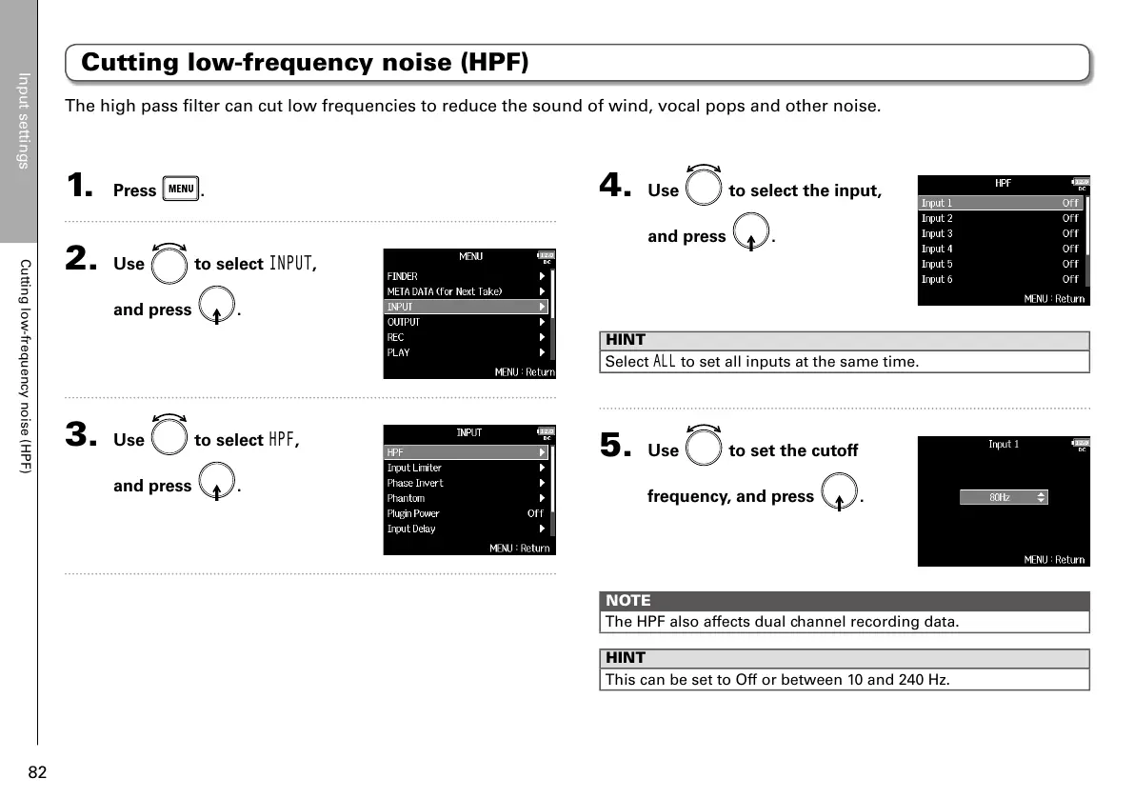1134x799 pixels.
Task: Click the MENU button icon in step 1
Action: pyautogui.click(x=181, y=189)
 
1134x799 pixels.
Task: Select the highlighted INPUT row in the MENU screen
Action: pyautogui.click(x=467, y=307)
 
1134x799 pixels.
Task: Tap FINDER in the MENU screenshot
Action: pyautogui.click(x=403, y=276)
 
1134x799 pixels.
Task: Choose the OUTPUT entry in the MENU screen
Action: pyautogui.click(x=404, y=322)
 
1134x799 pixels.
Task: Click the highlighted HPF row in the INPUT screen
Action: pyautogui.click(x=467, y=452)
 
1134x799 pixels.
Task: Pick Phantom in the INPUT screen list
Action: pyautogui.click(x=407, y=498)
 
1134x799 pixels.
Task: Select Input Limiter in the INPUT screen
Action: pyautogui.click(x=415, y=468)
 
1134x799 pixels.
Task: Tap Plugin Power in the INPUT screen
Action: pyautogui.click(x=414, y=513)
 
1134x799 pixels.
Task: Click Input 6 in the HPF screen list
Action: pyautogui.click(x=937, y=279)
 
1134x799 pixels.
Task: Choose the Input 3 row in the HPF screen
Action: pyautogui.click(x=937, y=233)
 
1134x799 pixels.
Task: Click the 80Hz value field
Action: pyautogui.click(x=1003, y=497)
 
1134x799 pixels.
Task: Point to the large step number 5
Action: pyautogui.click(x=613, y=445)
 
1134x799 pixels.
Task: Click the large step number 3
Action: pyautogui.click(x=79, y=435)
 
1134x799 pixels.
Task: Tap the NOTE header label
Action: pyautogui.click(x=628, y=601)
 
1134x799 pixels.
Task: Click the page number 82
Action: pyautogui.click(x=37, y=772)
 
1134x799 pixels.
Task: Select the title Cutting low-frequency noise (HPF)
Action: pyautogui.click(x=305, y=63)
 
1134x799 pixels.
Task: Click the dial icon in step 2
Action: pyautogui.click(x=169, y=264)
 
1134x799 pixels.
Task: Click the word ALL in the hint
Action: pyautogui.click(x=664, y=362)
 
